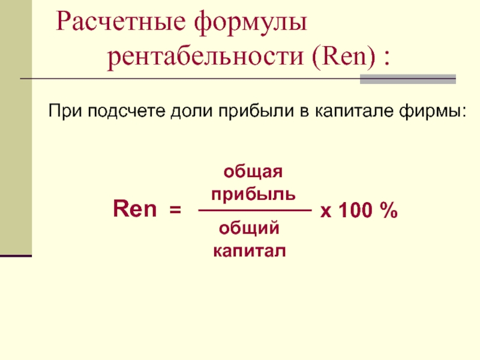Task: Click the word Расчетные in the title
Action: click(121, 22)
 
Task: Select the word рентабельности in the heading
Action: click(205, 58)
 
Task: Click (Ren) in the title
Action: click(344, 56)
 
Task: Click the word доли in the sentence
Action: click(191, 112)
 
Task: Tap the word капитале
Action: click(354, 111)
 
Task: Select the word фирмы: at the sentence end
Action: click(433, 111)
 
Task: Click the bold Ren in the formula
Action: click(134, 208)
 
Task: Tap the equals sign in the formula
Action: click(175, 210)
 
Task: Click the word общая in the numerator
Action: click(253, 172)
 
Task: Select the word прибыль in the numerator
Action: click(253, 194)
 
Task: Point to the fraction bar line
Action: click(255, 211)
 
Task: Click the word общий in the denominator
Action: click(249, 228)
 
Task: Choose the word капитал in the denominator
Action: click(250, 251)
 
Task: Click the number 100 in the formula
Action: click(356, 210)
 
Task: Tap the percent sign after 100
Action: click(389, 210)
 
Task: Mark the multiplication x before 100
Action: click(326, 212)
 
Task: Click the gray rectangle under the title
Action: click(408, 79)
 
